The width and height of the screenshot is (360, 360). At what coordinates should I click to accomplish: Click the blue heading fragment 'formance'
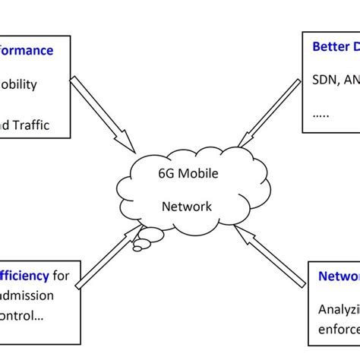tap(27, 51)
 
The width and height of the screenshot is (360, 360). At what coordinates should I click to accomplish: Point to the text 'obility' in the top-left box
tap(18, 84)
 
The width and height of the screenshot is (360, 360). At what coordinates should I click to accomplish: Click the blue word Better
tap(328, 47)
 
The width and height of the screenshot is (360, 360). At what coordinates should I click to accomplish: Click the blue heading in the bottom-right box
tap(339, 276)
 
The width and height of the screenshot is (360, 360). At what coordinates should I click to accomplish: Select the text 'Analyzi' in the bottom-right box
tap(339, 309)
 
